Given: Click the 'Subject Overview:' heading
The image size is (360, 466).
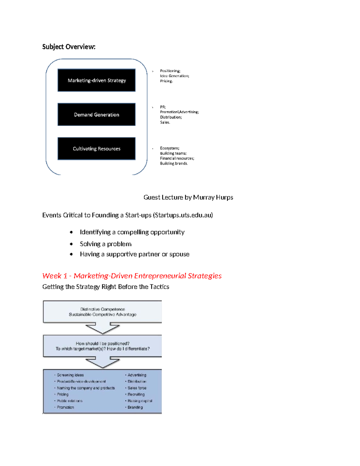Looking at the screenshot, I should click(x=69, y=47).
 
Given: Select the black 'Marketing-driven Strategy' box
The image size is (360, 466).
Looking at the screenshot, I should click(x=96, y=80).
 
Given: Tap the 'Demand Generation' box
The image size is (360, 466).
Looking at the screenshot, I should click(x=96, y=114).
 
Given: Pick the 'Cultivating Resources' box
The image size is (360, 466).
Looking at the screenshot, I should click(x=96, y=149).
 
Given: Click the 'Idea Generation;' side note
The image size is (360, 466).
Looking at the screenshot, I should click(x=175, y=76).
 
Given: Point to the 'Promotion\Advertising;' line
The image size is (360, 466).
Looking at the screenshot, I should click(x=179, y=112).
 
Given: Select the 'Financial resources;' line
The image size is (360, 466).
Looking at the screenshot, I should click(x=177, y=158).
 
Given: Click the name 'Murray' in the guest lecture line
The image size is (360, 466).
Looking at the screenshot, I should click(x=204, y=197).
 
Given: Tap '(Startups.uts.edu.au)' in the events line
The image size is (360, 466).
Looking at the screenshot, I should click(x=183, y=215).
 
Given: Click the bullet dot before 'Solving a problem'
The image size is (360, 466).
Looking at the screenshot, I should click(x=71, y=244).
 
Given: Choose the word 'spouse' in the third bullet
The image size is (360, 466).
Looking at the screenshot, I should click(x=179, y=254).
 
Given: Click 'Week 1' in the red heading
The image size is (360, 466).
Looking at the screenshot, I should click(x=55, y=276).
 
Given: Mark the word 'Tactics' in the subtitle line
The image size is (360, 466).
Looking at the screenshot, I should click(x=159, y=287).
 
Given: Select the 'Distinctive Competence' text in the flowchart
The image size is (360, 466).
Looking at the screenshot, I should click(x=103, y=309).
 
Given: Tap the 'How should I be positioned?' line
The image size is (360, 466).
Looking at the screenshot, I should click(x=103, y=344).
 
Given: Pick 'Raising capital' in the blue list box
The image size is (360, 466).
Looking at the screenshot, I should click(x=140, y=401).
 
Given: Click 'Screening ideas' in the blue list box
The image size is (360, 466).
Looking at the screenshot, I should click(x=70, y=375).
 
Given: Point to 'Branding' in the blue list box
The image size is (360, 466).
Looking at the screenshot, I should click(x=135, y=407).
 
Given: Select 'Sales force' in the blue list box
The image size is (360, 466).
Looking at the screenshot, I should click(x=137, y=388).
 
